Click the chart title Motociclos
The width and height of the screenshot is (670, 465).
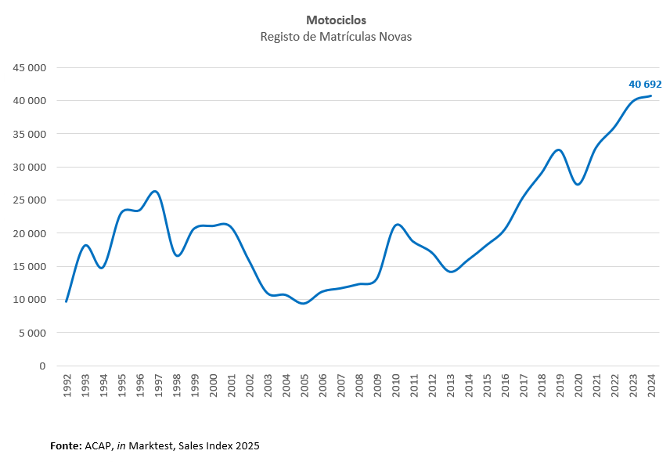[336, 20]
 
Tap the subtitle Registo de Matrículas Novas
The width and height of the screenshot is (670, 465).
[336, 37]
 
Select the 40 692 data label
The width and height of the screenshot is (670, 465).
[645, 84]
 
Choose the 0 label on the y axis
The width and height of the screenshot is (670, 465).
[42, 366]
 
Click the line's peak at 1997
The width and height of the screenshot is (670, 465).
[155, 191]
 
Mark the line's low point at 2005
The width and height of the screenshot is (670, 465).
[304, 303]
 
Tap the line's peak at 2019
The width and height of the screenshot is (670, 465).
[558, 150]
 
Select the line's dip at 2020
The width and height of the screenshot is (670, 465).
[578, 184]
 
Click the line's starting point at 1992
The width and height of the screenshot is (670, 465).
[67, 301]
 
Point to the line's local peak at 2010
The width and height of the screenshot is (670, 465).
[397, 225]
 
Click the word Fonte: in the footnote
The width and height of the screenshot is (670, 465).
[66, 445]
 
